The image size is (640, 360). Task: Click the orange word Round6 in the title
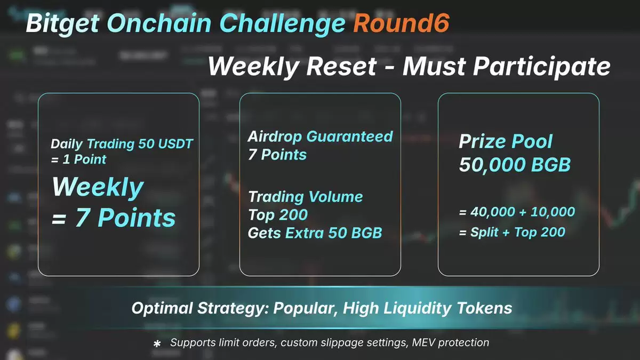tap(402, 23)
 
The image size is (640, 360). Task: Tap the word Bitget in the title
tap(63, 24)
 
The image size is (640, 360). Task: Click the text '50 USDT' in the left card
tap(166, 143)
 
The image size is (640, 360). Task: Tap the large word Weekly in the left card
tap(98, 187)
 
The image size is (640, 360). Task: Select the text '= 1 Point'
tap(78, 159)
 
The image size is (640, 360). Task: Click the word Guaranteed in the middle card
tap(350, 137)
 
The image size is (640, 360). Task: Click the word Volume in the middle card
tap(335, 197)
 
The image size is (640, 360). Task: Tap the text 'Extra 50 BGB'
tap(334, 233)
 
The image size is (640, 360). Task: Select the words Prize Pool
tap(506, 141)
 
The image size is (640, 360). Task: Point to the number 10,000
tap(553, 212)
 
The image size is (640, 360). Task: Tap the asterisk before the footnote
tap(157, 343)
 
